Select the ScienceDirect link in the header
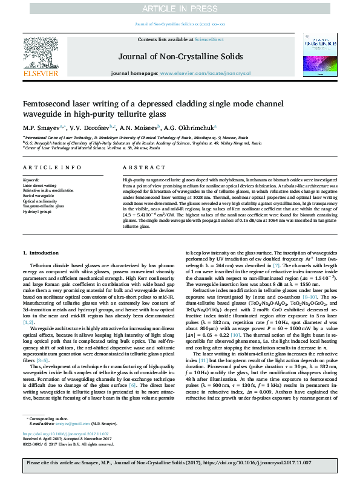tap(209, 39)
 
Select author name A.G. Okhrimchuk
tap(191, 128)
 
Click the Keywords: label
tap(31, 181)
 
